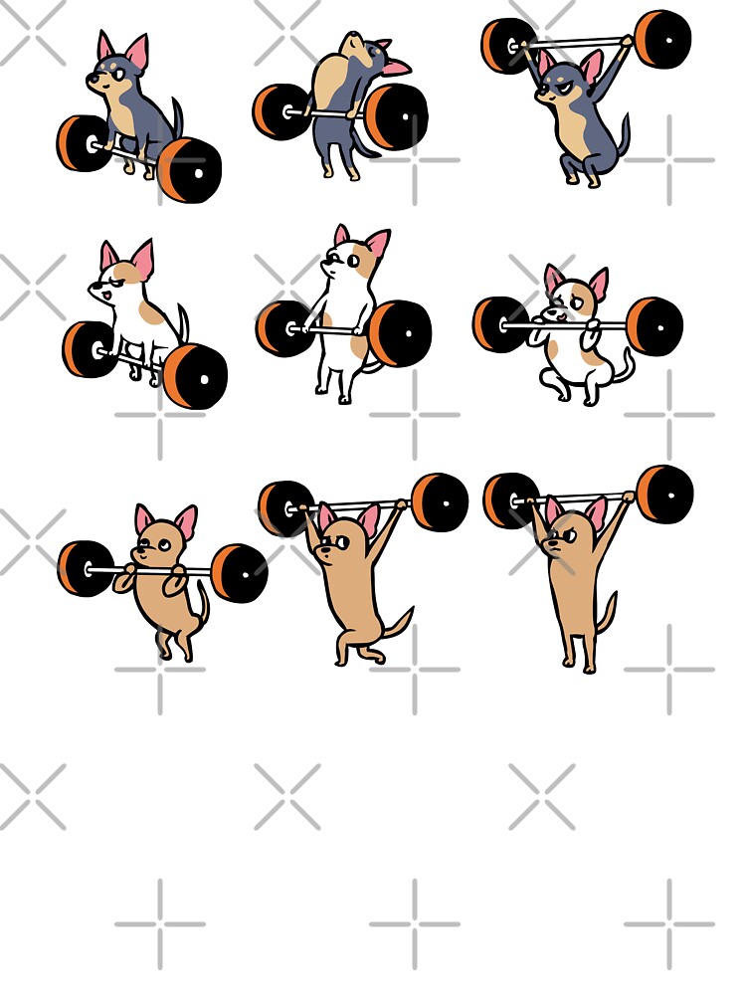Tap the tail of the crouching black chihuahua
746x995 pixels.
(x=177, y=116)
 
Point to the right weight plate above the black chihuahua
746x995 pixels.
(x=662, y=40)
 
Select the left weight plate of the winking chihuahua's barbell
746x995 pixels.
(x=86, y=569)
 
